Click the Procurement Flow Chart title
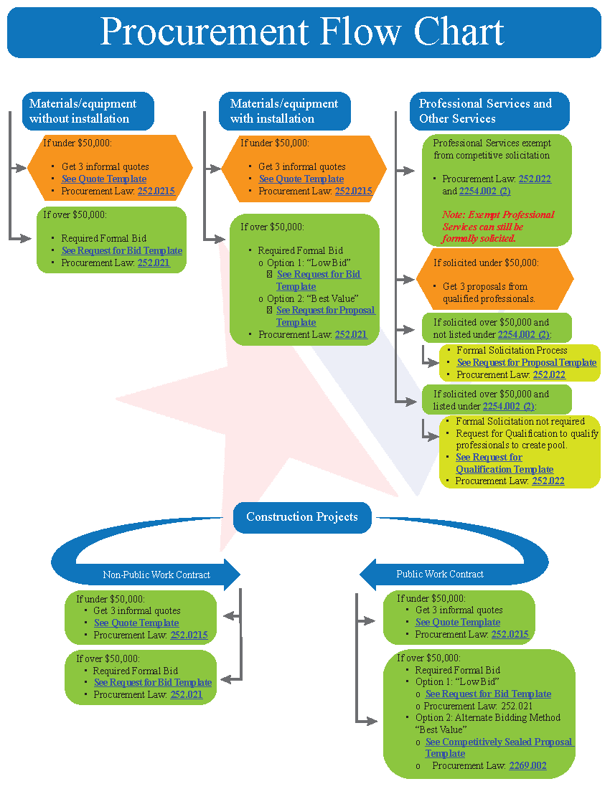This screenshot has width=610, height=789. click(302, 32)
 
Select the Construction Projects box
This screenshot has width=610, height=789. click(301, 517)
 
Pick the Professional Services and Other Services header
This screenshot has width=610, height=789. click(485, 111)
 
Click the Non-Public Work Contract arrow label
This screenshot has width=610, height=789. click(156, 575)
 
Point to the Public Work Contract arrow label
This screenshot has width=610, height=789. click(440, 574)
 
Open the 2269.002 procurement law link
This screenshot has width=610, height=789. click(527, 766)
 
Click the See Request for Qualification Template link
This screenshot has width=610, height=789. click(504, 463)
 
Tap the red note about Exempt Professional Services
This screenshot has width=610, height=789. click(498, 226)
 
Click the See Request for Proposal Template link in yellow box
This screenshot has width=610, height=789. click(526, 363)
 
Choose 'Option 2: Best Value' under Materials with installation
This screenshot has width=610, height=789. click(312, 298)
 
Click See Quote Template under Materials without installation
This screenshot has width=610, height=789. click(104, 179)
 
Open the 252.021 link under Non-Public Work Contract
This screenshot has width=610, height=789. click(187, 695)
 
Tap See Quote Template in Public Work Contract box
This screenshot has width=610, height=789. click(458, 623)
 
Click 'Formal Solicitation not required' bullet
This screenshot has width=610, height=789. click(520, 422)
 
